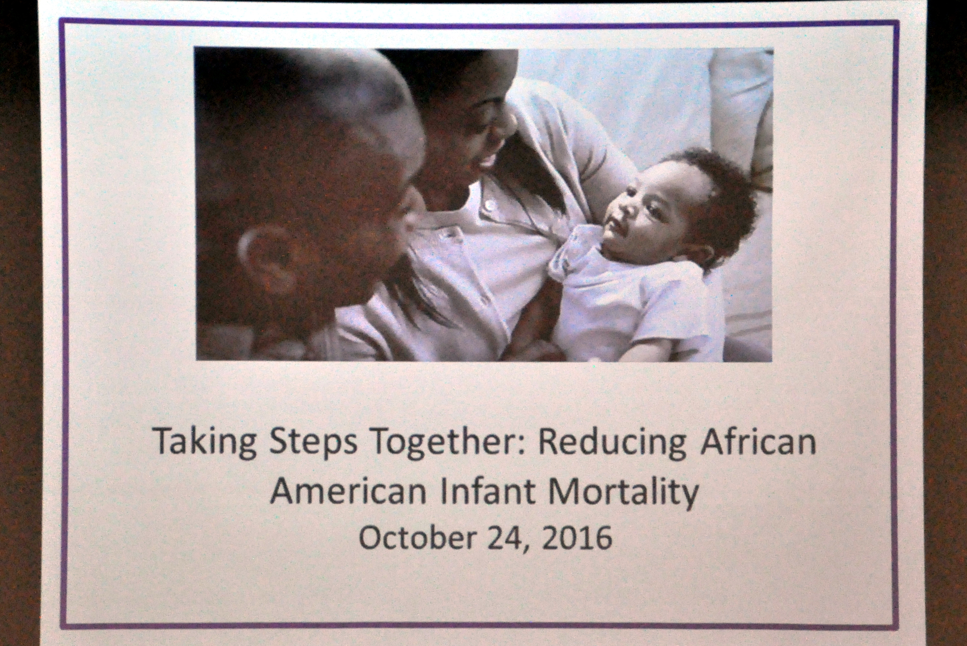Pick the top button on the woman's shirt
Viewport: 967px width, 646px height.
(x=490, y=204)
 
